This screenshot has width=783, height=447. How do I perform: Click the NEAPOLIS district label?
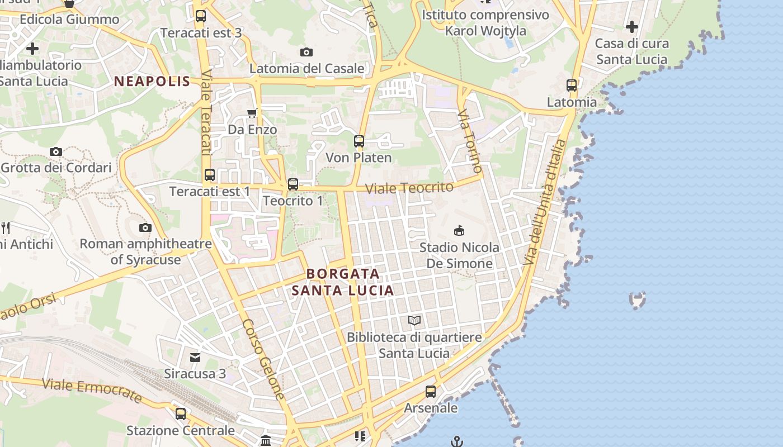tap(152, 82)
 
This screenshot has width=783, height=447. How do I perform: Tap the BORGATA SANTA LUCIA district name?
tap(343, 282)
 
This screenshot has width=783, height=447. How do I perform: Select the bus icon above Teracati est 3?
tap(201, 16)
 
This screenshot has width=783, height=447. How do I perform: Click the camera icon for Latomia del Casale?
tap(306, 53)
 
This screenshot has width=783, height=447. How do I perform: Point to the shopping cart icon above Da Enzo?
tap(252, 113)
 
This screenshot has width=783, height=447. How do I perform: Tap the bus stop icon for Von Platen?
tap(359, 141)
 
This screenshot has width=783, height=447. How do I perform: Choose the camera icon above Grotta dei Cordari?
tap(56, 151)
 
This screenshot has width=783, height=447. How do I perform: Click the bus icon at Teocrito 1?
tap(293, 184)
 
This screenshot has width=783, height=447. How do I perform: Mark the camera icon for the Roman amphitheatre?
tap(145, 227)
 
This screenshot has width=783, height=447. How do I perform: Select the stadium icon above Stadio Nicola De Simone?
tap(459, 230)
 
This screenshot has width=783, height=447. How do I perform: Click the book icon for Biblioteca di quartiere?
tap(414, 320)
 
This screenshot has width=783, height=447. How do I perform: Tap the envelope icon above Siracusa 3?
tap(195, 357)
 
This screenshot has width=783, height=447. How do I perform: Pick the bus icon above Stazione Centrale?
tap(181, 414)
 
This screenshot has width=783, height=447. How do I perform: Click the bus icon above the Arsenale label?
tap(431, 392)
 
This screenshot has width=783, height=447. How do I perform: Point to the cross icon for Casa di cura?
tap(632, 26)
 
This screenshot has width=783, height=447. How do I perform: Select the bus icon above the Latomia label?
tap(572, 85)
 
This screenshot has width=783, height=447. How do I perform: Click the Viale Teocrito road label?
tap(409, 188)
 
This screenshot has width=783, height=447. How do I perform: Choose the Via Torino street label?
tap(470, 141)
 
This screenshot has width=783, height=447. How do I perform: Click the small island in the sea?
tap(638, 300)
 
